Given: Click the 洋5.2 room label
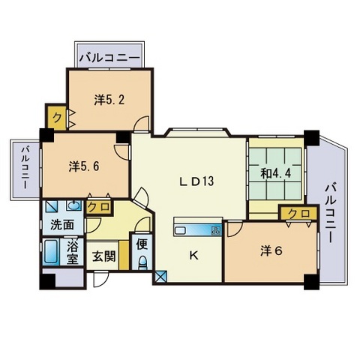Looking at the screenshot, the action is [109, 100].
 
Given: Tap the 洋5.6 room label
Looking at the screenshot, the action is [84, 166].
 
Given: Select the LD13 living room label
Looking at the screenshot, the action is [197, 181].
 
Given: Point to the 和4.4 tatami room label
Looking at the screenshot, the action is [276, 173].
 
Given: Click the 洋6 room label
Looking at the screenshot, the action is [271, 250].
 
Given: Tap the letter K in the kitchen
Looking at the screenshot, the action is [193, 256].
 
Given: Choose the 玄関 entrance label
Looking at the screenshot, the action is [103, 256].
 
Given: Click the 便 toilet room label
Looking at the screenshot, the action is [142, 245].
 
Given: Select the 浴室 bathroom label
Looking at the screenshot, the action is [72, 253].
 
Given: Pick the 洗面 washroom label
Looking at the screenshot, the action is [62, 225].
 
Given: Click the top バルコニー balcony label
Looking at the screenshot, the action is [109, 58].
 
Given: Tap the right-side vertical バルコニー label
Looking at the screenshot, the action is [330, 213].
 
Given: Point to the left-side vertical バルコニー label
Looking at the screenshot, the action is [25, 168].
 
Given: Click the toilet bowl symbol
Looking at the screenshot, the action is [142, 263].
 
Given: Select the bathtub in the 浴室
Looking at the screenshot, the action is [51, 251].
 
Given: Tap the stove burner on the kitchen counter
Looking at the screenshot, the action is [216, 229].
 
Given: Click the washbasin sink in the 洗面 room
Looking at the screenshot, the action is [73, 205].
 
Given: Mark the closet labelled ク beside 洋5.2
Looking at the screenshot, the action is [57, 117].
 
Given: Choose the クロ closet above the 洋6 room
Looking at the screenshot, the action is [299, 214].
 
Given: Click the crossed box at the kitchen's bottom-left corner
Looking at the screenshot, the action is [159, 276].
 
